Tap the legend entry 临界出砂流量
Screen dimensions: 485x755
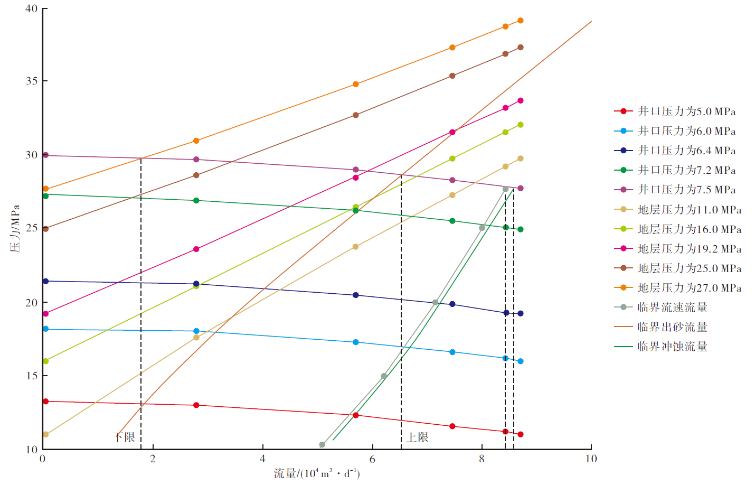[672, 327]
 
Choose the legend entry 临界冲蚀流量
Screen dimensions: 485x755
[672, 347]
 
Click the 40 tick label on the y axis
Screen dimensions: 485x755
[32, 8]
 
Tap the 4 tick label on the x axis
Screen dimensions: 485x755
[262, 459]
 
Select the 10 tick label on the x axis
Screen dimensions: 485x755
[591, 459]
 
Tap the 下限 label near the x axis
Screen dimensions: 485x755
[125, 437]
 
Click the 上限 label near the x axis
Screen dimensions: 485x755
[418, 437]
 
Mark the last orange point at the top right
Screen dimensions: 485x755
[521, 21]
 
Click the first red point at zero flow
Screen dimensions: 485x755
[45, 402]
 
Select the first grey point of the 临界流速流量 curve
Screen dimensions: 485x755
[322, 445]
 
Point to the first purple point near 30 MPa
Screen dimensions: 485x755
[45, 155]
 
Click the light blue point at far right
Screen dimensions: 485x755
[521, 361]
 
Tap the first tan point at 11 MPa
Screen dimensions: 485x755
[45, 434]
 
